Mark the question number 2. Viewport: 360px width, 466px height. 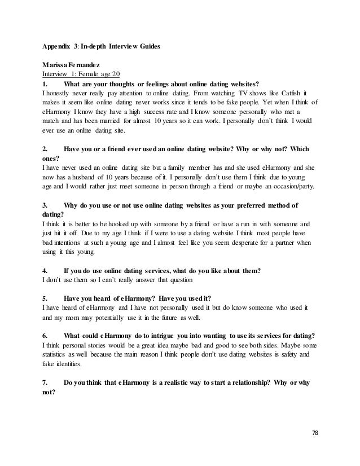click(45, 150)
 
